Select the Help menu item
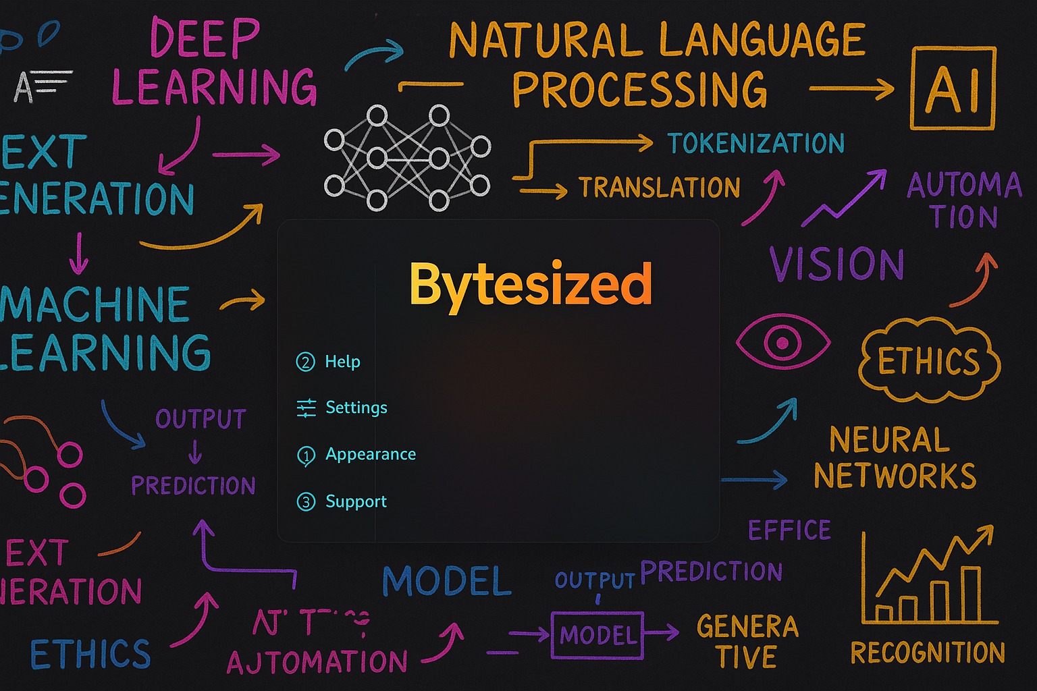point(342,362)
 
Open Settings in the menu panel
point(356,408)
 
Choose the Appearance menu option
point(370,454)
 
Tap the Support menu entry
point(356,501)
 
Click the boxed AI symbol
point(953,88)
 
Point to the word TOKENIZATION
point(755,143)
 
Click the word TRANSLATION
point(659,188)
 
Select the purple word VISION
point(836,263)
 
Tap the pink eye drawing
point(782,341)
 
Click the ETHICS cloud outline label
point(929,361)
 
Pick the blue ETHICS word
point(90,654)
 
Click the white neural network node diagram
point(406,157)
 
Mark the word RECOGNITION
point(927,653)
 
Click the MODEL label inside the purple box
point(597,635)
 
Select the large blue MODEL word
point(447,581)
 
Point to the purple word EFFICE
point(789,530)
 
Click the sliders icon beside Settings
point(306,408)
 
